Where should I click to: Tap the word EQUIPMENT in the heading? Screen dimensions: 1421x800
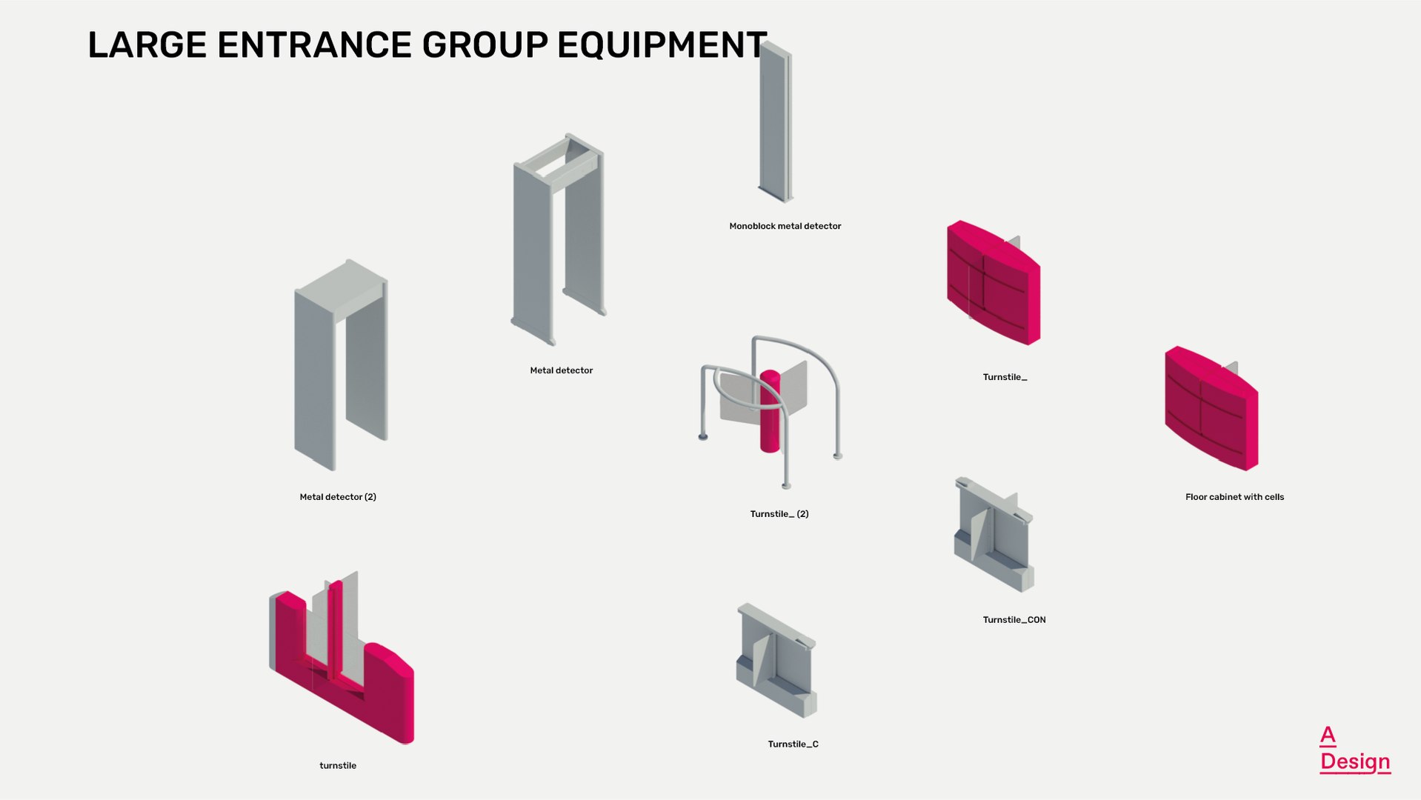[x=662, y=45]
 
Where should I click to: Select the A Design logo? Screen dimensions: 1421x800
[x=1355, y=750]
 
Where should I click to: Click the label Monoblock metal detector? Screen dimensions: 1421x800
[x=785, y=226]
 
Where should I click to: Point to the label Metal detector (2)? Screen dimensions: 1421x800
[x=338, y=497]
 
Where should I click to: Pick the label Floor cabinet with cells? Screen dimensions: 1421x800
[x=1234, y=497]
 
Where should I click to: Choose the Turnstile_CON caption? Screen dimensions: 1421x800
[x=1014, y=620]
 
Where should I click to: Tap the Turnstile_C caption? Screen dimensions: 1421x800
[x=793, y=744]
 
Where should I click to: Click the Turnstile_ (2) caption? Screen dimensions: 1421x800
[x=779, y=514]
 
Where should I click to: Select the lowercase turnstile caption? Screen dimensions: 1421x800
[x=338, y=766]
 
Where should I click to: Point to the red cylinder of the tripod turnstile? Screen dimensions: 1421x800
[x=770, y=411]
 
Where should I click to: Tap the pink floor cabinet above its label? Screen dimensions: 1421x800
[x=1211, y=408]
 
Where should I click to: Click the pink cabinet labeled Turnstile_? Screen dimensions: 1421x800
[x=994, y=282]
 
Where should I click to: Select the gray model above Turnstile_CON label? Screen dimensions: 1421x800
[x=994, y=534]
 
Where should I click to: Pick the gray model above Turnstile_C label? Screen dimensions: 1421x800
[x=776, y=660]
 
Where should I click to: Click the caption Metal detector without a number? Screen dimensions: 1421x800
[x=562, y=370]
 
